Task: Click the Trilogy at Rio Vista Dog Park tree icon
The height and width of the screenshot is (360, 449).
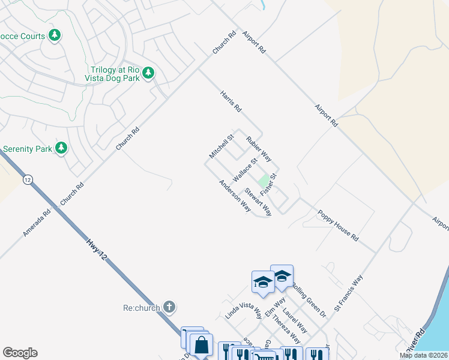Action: [x=148, y=73]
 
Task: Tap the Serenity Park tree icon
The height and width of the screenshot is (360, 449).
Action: [x=61, y=148]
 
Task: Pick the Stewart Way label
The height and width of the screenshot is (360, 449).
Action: [x=258, y=202]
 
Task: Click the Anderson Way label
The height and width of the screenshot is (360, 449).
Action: [x=235, y=196]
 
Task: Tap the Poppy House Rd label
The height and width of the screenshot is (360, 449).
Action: [x=338, y=226]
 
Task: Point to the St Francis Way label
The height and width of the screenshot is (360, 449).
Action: [x=349, y=293]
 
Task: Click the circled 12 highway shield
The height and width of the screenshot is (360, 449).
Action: [x=27, y=179]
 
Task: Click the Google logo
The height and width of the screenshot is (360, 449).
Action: [x=20, y=353]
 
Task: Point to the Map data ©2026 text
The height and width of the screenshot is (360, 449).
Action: [x=423, y=355]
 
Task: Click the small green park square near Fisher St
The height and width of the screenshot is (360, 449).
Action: [x=262, y=181]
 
